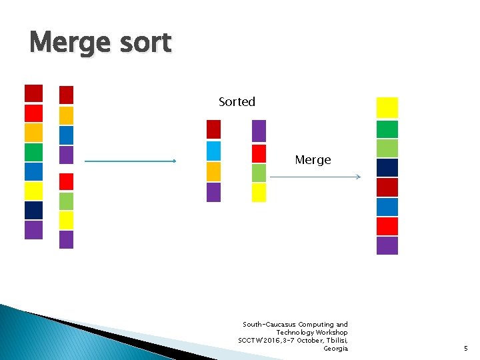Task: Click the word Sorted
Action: point(237,102)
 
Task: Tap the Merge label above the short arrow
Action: point(313,160)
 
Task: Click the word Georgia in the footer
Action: point(335,348)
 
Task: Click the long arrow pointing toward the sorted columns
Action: point(131,161)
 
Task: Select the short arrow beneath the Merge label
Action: point(315,177)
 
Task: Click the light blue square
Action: point(213,150)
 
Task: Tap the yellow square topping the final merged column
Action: point(387,107)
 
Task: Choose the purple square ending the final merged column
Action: point(387,245)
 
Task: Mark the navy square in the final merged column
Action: point(387,167)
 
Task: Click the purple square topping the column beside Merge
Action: point(259,130)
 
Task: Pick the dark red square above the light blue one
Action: point(213,129)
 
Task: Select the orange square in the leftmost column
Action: point(33,133)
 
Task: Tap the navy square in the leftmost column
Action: point(33,210)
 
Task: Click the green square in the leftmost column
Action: point(33,152)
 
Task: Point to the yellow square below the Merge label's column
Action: point(259,192)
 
